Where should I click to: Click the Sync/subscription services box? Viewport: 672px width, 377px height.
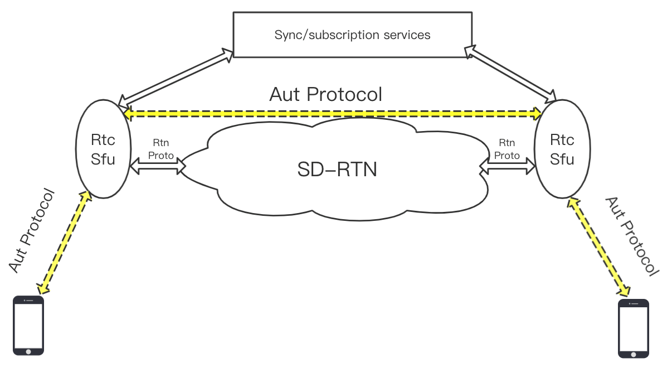coord(353,35)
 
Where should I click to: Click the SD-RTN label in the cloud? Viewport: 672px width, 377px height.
coord(337,170)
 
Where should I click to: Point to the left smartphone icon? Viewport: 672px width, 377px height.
coord(28,325)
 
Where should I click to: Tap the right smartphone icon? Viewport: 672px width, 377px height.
coord(634,328)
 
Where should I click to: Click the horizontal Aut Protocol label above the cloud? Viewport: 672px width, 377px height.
coord(326,95)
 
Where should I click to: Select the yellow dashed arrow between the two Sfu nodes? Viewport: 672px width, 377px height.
coord(333,114)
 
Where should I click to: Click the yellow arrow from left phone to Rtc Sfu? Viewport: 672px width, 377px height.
coord(64,242)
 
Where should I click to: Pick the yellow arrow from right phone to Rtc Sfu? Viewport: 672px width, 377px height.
coord(598,246)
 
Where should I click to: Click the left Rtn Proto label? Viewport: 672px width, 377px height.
coord(161,149)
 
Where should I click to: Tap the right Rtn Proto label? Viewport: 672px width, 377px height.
coord(507,149)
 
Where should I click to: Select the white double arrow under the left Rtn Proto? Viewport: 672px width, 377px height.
coord(158,166)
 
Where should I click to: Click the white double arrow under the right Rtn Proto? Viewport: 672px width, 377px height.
coord(507,166)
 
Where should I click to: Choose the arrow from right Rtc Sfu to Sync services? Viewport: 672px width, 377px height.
coord(510,74)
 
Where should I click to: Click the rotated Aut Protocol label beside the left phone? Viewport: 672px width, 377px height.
coord(32,230)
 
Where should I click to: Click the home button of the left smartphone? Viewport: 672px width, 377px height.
coord(28,351)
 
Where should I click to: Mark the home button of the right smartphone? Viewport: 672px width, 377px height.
coord(634,355)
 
